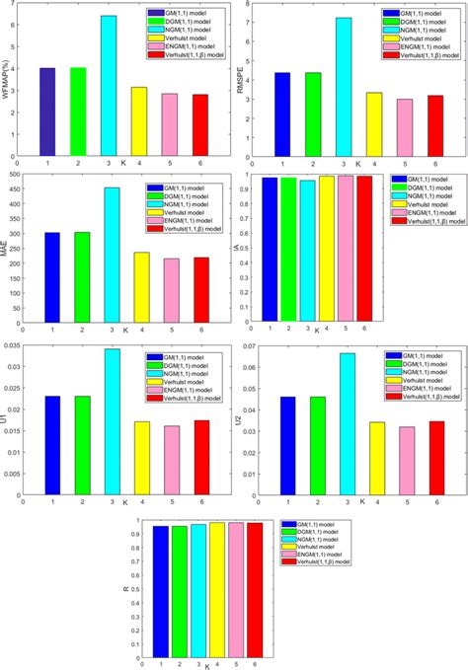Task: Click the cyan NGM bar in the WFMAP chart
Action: (109, 84)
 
